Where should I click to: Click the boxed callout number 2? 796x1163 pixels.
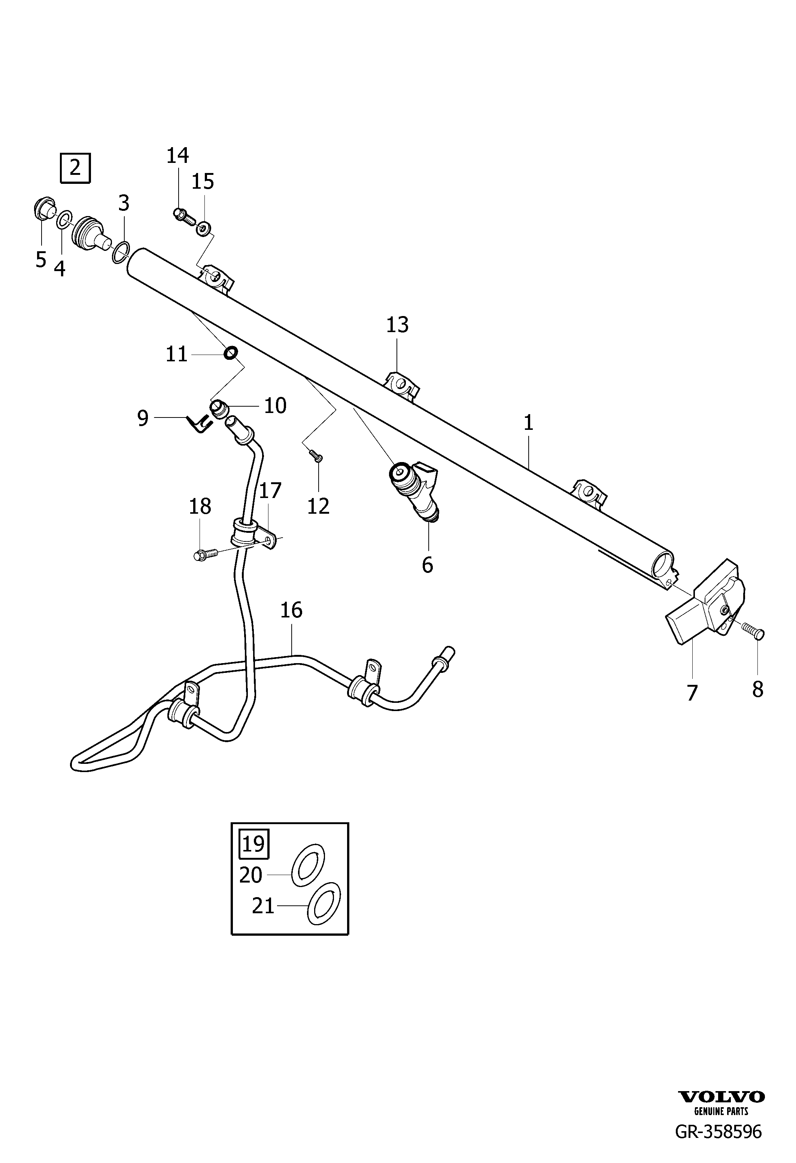pyautogui.click(x=75, y=168)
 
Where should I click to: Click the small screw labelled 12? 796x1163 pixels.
pyautogui.click(x=315, y=455)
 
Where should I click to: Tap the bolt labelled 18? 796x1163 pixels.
pyautogui.click(x=206, y=554)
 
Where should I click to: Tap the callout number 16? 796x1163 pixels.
pyautogui.click(x=291, y=610)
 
